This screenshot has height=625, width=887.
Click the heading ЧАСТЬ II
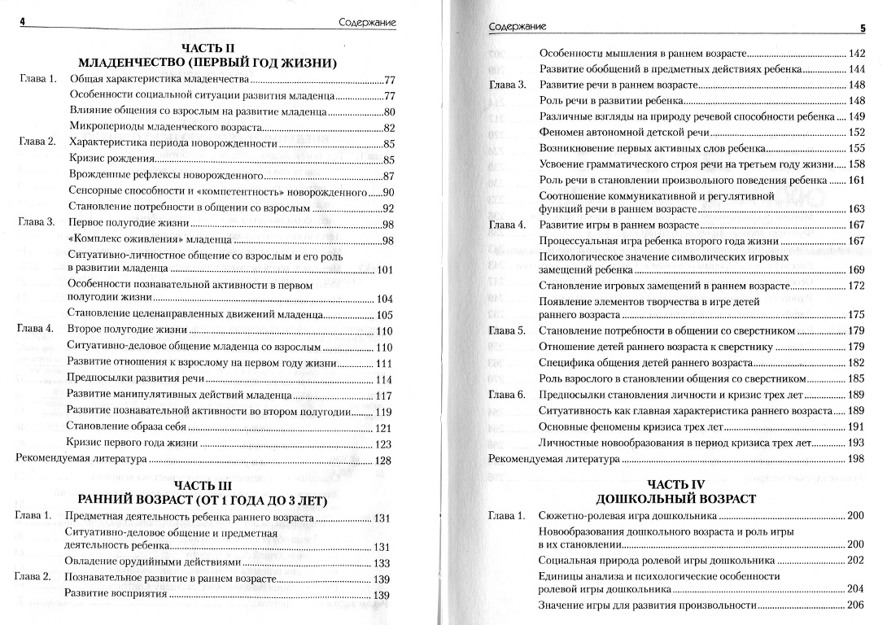[205, 48]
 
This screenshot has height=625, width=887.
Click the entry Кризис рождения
[112, 159]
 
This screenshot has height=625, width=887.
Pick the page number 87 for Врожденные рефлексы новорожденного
[388, 177]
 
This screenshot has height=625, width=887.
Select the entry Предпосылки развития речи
[136, 379]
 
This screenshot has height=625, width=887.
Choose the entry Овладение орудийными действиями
[153, 563]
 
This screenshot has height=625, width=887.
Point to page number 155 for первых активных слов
[855, 148]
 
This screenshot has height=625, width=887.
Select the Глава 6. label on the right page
[508, 395]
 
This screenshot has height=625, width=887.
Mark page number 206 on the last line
[854, 605]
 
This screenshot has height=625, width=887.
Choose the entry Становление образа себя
[126, 428]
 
